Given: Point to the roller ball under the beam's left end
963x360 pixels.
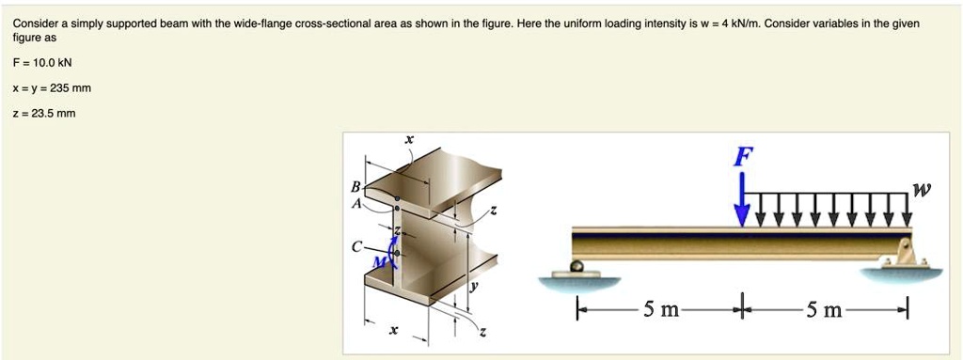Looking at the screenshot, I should [x=577, y=267].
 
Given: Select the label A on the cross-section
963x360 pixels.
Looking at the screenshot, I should [x=355, y=202].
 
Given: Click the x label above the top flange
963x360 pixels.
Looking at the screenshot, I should [x=408, y=139].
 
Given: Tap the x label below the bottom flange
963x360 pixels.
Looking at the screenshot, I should [x=394, y=330].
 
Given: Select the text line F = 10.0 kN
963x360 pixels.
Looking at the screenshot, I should [x=42, y=63].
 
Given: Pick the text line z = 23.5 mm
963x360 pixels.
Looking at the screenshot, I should [x=44, y=113].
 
